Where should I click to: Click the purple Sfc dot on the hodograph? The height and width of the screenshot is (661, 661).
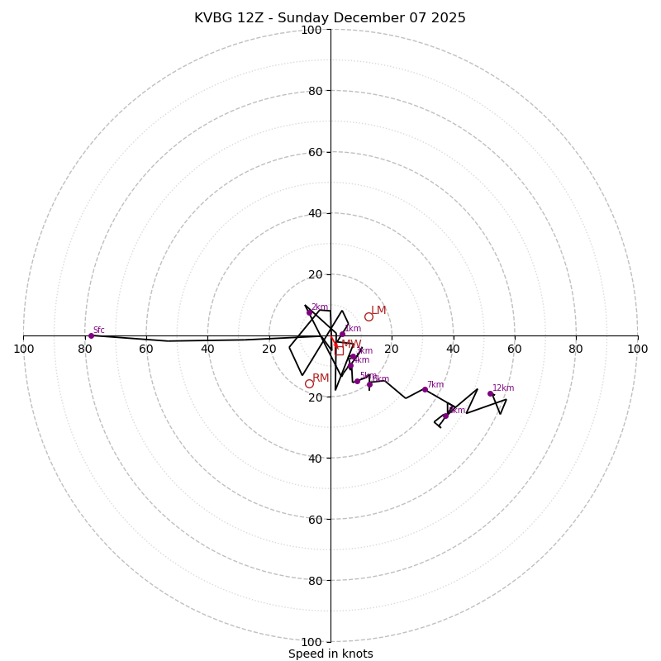91,335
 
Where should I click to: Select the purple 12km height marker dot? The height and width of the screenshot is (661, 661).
490,393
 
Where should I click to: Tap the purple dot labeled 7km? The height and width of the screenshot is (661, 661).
425,389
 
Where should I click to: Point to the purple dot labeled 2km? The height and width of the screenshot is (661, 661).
310,312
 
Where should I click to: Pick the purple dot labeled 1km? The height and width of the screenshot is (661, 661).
342,334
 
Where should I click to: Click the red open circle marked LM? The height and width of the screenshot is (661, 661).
369,316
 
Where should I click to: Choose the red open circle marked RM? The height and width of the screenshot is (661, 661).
309,383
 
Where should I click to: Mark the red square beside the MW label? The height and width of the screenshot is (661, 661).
339,350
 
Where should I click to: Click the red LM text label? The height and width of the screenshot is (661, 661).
378,311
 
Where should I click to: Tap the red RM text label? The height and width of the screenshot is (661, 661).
321,378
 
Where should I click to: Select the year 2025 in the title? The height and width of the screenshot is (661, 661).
447,18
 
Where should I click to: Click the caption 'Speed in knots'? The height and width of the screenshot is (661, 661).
330,654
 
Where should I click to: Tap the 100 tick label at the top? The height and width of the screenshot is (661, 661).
311,31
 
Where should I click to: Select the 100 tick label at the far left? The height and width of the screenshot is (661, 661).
23,349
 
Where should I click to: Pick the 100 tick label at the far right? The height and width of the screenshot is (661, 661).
637,349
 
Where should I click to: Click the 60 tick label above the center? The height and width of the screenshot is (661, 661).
314,152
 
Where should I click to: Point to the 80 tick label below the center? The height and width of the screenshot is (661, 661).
314,581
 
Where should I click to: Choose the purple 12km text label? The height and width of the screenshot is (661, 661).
503,388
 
